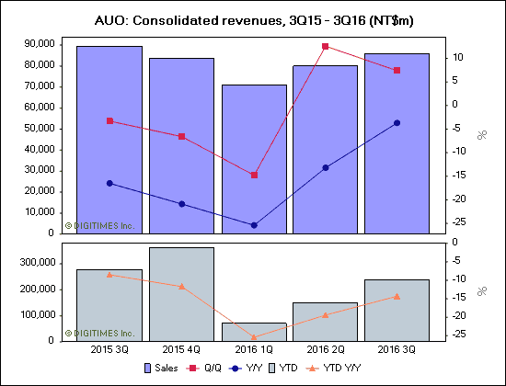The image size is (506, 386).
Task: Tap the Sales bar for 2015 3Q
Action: [x=109, y=138]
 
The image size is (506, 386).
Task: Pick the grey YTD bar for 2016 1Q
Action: [x=253, y=332]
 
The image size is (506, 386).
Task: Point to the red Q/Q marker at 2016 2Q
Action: [x=325, y=46]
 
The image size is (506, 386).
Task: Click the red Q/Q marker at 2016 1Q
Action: [x=253, y=175]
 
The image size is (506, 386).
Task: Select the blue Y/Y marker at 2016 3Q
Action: [x=397, y=122]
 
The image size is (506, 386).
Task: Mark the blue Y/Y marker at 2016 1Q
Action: [x=253, y=225]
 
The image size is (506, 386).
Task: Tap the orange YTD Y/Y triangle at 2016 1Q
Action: [x=253, y=337]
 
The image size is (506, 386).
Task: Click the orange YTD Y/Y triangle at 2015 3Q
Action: [x=109, y=274]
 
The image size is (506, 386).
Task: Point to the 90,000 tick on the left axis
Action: [x=40, y=43]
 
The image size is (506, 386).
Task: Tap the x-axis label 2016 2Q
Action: [x=325, y=349]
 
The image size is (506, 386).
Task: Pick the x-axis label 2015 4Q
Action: [x=181, y=349]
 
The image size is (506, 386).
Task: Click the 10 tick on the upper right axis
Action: [x=457, y=57]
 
